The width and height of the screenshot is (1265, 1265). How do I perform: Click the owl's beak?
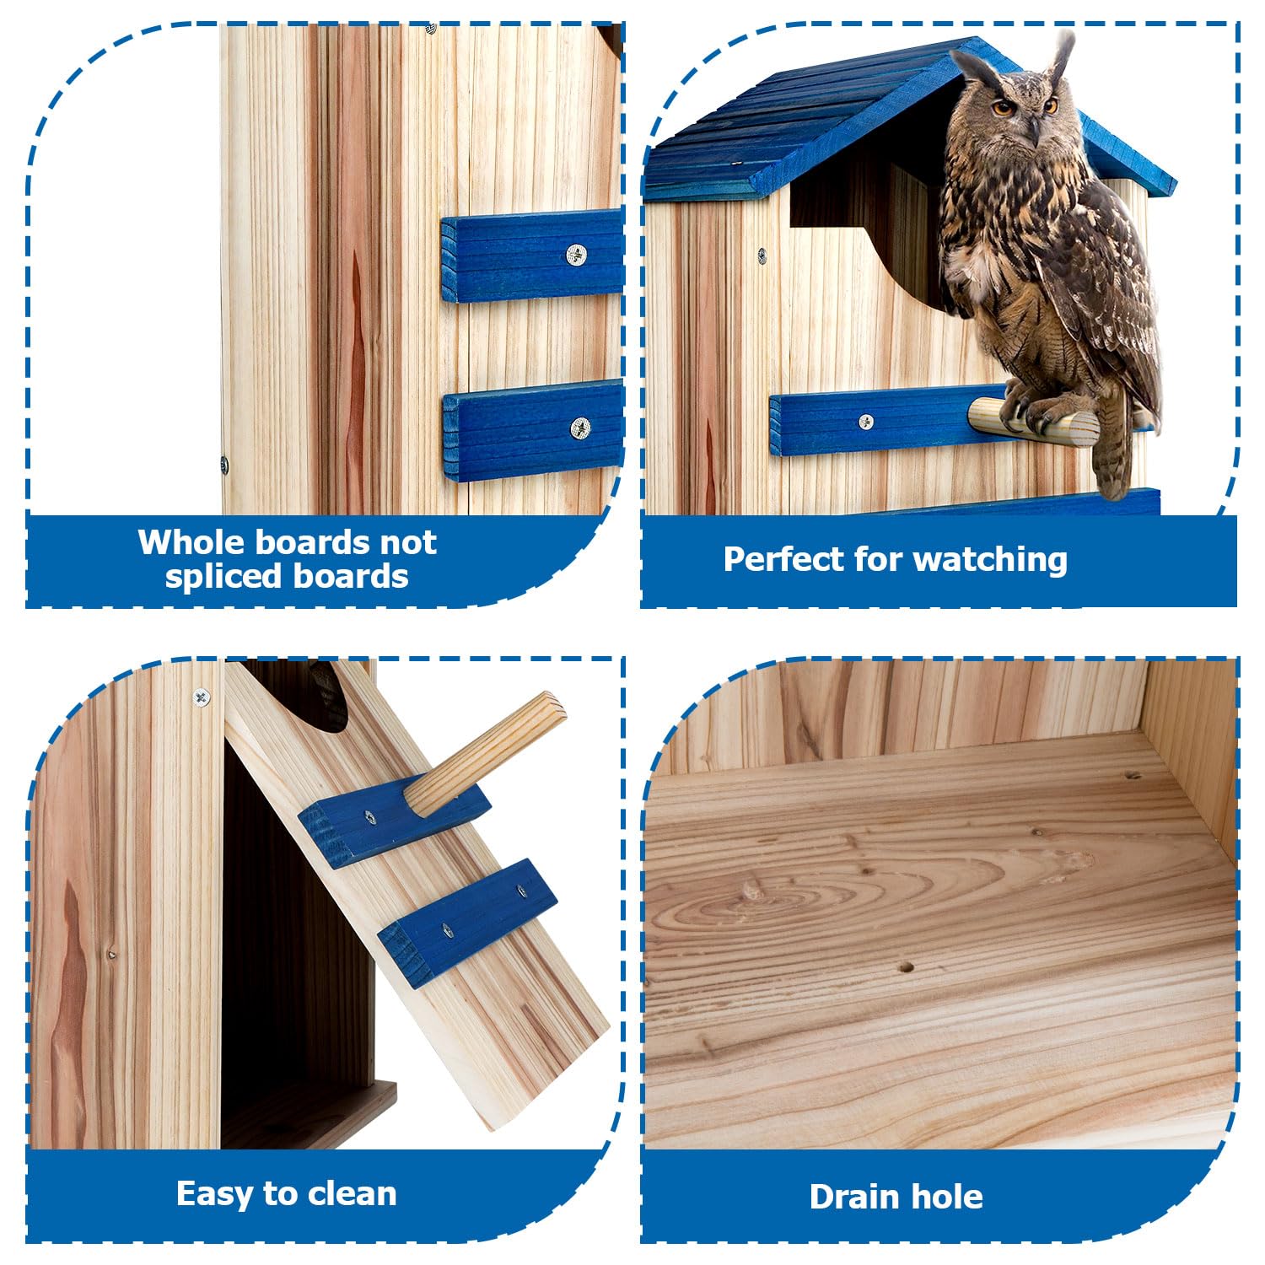(1033, 128)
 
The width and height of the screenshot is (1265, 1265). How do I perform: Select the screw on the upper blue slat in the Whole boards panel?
(576, 254)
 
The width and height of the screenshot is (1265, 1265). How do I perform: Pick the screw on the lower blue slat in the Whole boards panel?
(580, 428)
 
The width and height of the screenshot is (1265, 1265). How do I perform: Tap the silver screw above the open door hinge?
(201, 697)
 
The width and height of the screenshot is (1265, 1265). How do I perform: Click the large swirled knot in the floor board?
(751, 894)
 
